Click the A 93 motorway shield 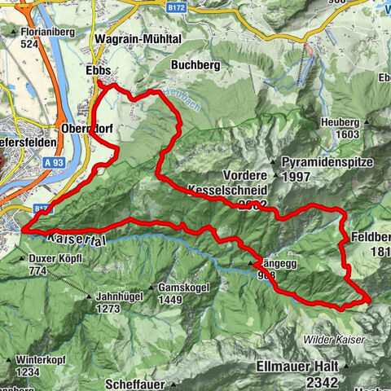(x=55, y=163)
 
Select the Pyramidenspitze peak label (x=330, y=162)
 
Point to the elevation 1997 (x=299, y=177)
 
